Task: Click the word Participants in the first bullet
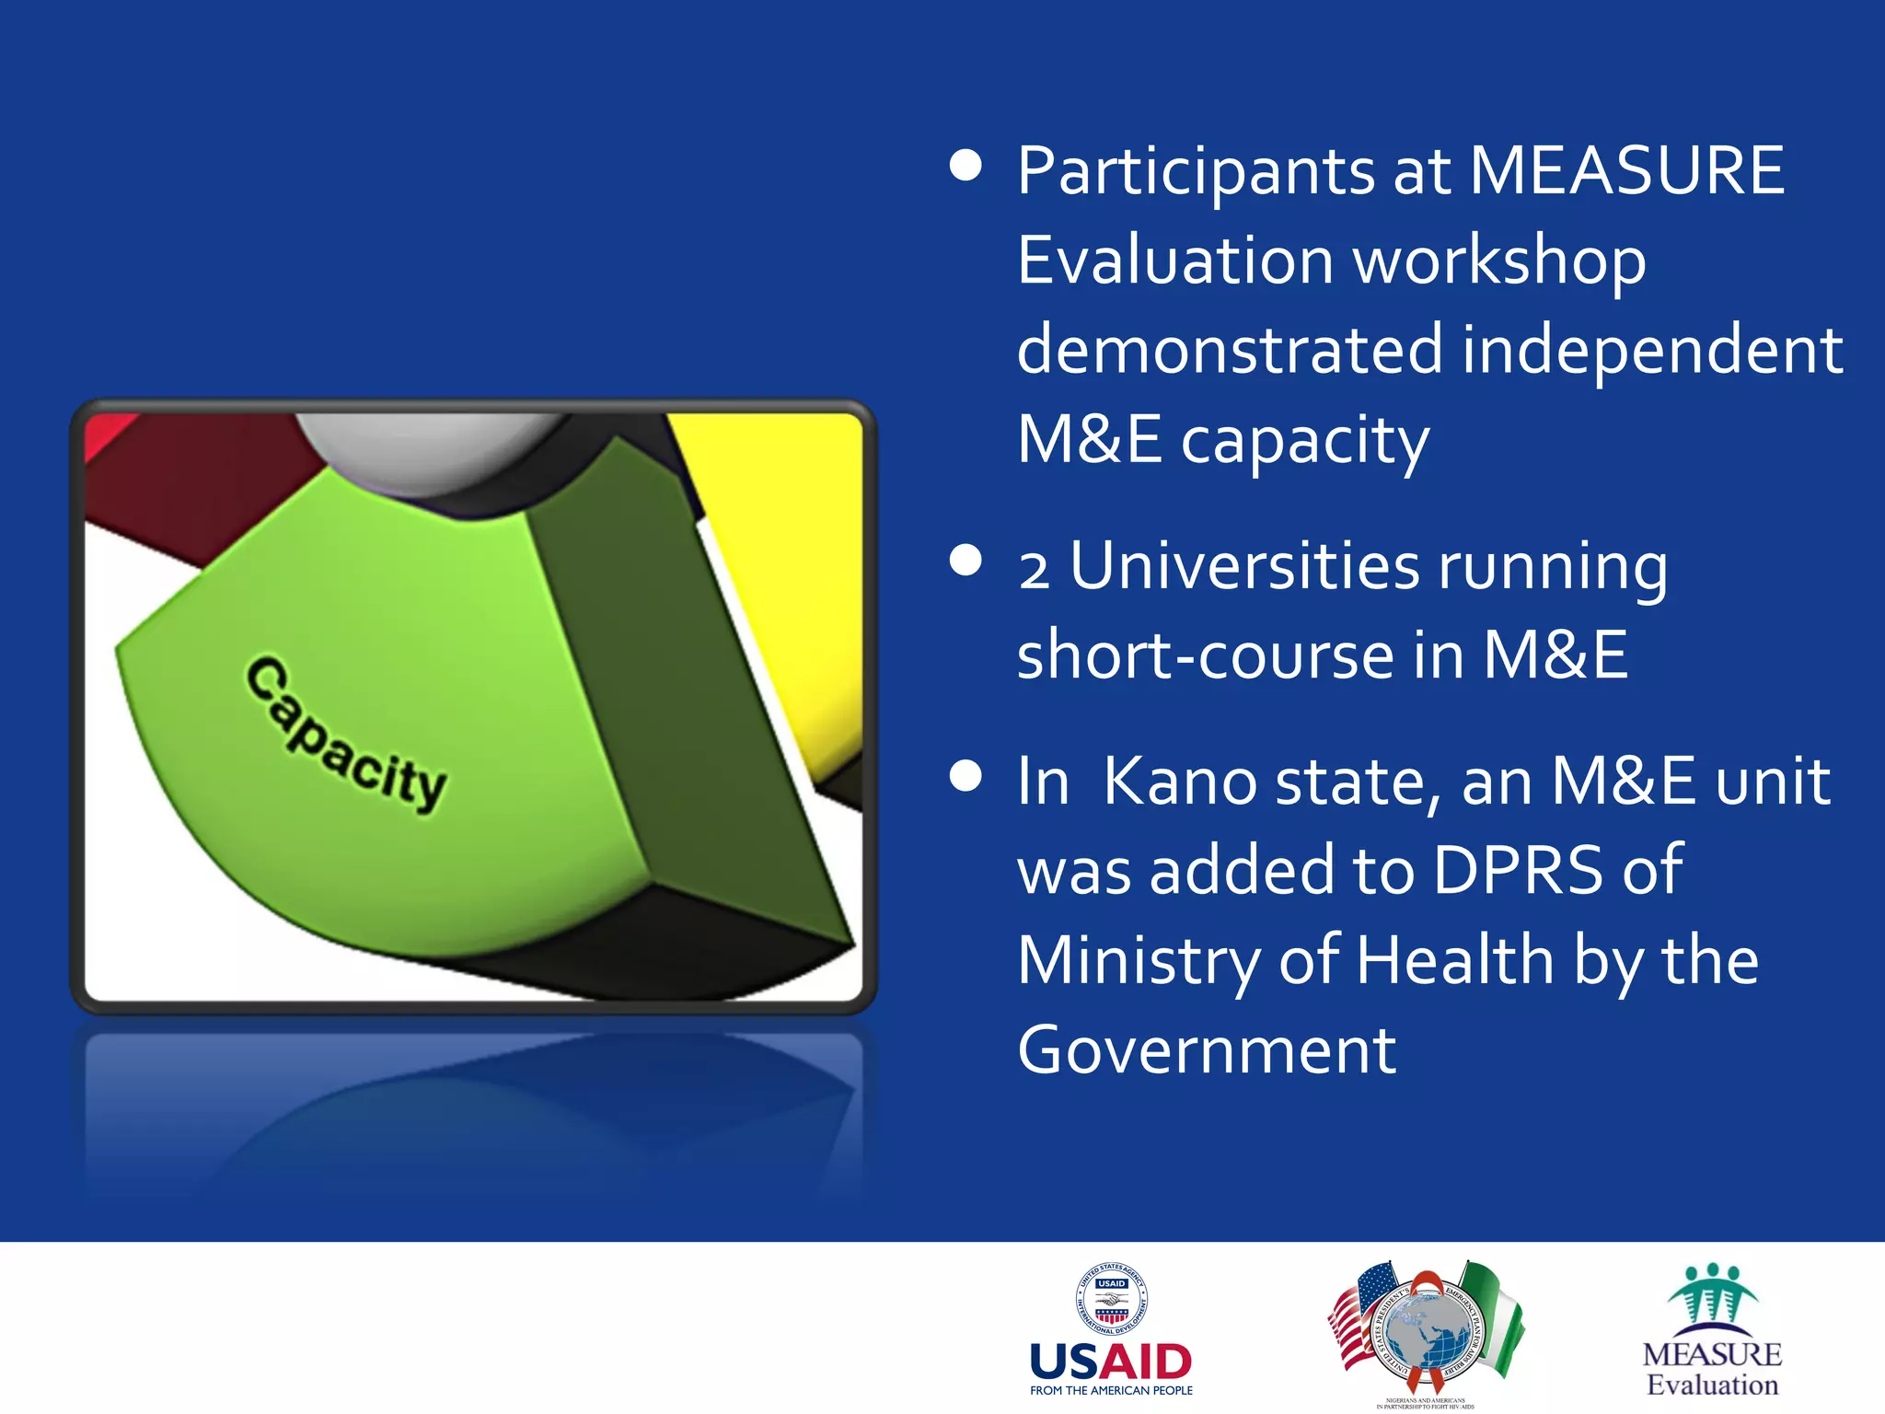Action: click(1196, 172)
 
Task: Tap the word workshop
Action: click(1500, 261)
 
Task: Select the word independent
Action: click(1652, 351)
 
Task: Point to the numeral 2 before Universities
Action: click(1034, 570)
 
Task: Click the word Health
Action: click(1455, 960)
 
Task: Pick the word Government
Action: click(1207, 1050)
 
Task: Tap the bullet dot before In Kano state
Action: click(966, 775)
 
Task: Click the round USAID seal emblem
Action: click(1111, 1299)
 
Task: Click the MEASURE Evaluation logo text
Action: click(1712, 1369)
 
